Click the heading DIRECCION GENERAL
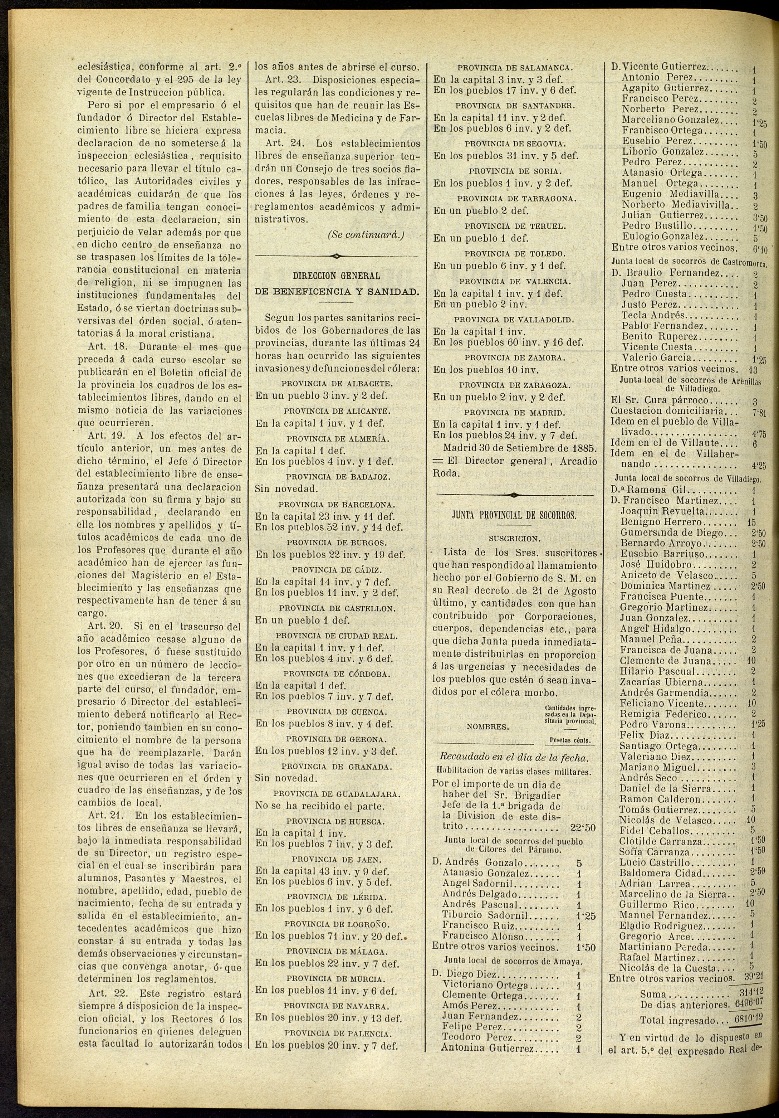(x=336, y=276)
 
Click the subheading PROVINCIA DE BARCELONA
(x=336, y=505)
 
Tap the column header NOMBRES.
(x=488, y=727)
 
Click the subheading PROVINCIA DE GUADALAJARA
(x=336, y=794)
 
